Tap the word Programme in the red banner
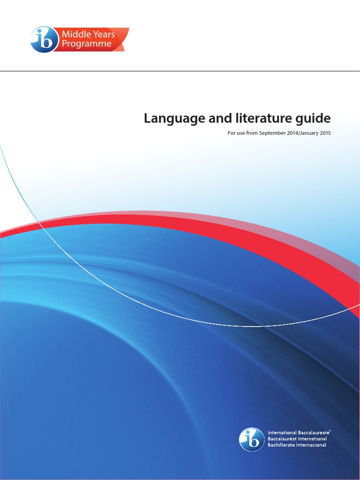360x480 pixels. (x=87, y=44)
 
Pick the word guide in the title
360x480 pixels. (x=315, y=119)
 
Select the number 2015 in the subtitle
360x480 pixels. (x=325, y=133)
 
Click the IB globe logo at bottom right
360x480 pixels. (x=252, y=440)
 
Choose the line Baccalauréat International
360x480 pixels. (x=297, y=439)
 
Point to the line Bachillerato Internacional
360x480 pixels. (x=297, y=445)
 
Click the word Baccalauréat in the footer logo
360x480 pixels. (x=282, y=439)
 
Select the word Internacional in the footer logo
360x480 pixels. (x=311, y=445)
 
